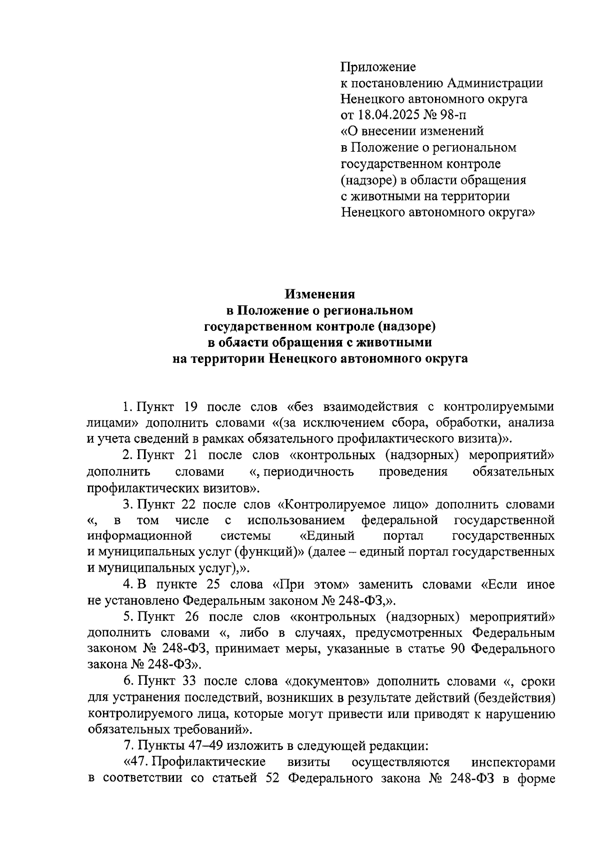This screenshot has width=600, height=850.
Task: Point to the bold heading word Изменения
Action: pos(320,294)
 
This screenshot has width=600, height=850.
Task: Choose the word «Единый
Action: pos(327,536)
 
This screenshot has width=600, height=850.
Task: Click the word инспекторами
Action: pos(513,762)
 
